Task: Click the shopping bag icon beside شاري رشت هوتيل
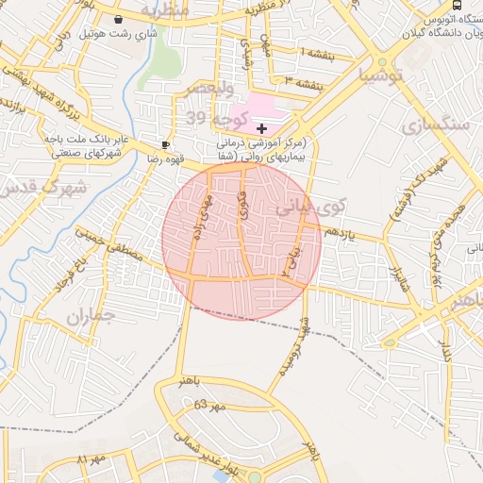pos(118,19)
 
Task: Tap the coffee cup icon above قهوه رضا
pos(166,143)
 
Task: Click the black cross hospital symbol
pos(261,127)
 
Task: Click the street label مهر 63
pos(211,405)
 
